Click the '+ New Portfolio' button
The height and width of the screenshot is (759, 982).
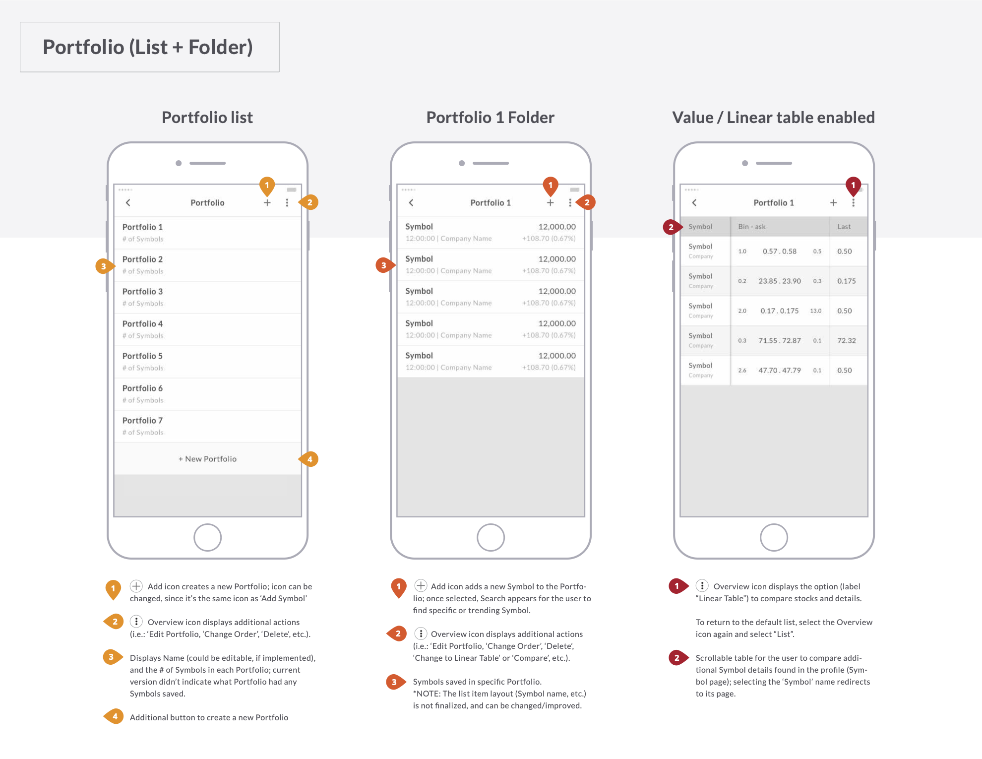click(207, 459)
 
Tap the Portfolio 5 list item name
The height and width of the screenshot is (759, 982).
click(142, 356)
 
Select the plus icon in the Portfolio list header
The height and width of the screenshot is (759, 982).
click(267, 202)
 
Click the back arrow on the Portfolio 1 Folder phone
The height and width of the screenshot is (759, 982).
click(411, 202)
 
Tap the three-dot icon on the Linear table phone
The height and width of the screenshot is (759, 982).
click(853, 203)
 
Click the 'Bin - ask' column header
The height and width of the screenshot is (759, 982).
click(751, 227)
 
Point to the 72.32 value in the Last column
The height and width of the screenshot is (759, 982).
click(846, 341)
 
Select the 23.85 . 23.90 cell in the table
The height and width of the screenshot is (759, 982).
click(779, 281)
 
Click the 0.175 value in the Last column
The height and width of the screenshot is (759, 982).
click(846, 281)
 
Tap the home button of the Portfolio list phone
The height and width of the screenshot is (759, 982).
click(207, 537)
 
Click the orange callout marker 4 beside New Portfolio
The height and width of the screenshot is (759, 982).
click(309, 459)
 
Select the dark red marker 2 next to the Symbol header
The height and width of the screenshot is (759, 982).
click(671, 227)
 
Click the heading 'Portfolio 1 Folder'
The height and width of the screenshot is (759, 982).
click(490, 118)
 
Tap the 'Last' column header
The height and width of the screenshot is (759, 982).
click(844, 227)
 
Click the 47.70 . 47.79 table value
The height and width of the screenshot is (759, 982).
click(779, 371)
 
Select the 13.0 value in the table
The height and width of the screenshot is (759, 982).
click(815, 311)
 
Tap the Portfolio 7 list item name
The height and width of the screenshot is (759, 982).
click(142, 421)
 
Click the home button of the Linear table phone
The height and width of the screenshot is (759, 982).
click(773, 537)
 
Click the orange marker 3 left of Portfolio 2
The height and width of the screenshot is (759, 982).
click(104, 266)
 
